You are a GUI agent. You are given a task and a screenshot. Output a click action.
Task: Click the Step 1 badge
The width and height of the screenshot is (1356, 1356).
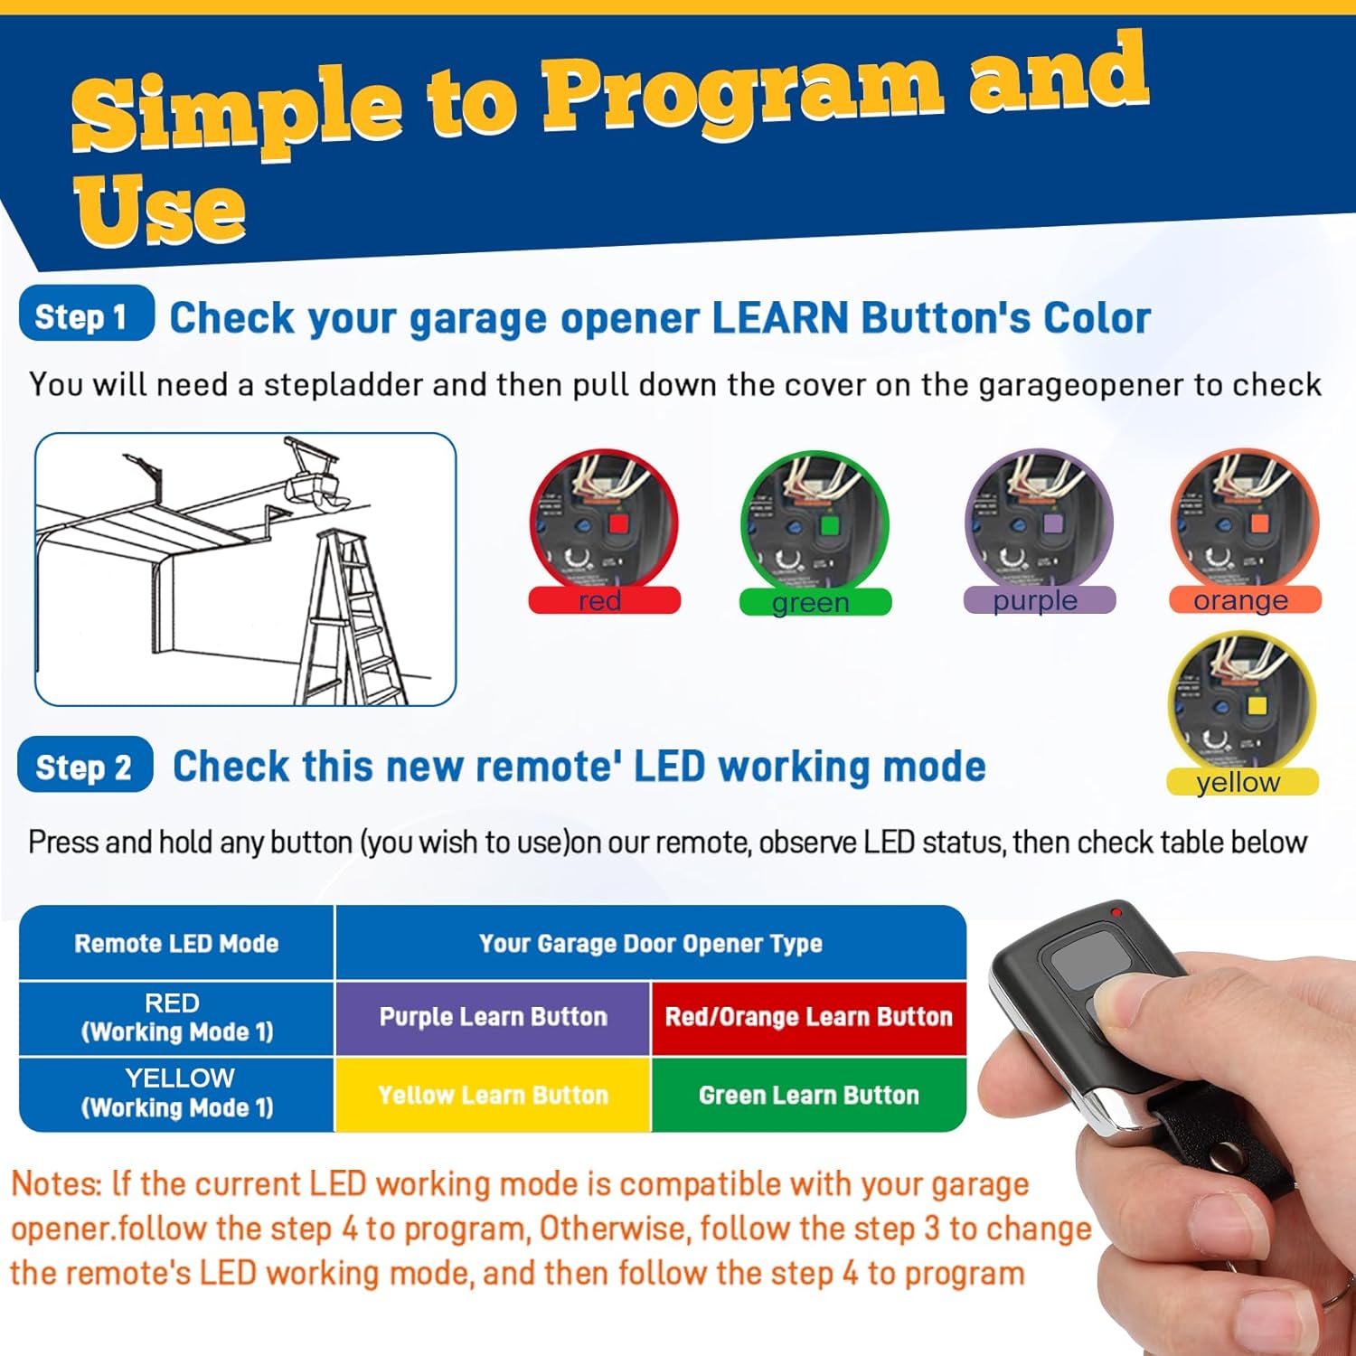(86, 314)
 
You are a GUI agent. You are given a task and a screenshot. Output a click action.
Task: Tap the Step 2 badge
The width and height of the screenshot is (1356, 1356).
(85, 766)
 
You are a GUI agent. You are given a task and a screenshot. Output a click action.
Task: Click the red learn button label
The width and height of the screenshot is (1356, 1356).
(604, 600)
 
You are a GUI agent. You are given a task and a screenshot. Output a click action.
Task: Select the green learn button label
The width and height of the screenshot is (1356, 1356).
(815, 602)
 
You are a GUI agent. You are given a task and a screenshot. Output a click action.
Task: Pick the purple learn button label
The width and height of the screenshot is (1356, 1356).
(1039, 600)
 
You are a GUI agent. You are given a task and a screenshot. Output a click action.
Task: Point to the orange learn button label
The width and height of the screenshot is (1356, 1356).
(1244, 600)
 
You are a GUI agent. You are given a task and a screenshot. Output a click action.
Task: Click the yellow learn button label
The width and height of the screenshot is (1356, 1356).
(1242, 782)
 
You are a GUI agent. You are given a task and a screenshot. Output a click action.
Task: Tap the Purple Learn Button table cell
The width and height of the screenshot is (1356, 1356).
(493, 1017)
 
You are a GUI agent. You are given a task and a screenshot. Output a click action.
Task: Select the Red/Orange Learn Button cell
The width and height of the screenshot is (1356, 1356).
(809, 1017)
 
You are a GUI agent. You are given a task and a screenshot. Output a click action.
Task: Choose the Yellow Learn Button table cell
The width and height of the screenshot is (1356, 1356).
(493, 1095)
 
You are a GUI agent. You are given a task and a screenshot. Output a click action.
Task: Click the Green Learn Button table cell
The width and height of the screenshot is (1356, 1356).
(809, 1095)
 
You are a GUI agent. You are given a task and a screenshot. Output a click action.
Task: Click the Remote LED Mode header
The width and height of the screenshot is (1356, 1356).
(176, 944)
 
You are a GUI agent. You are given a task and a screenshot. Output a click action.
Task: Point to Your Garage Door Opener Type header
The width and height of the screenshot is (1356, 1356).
(651, 944)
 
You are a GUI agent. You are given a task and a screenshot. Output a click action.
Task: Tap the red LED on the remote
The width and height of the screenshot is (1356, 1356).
(1117, 912)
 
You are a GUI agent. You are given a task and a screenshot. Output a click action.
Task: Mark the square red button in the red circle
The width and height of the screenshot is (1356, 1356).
(618, 523)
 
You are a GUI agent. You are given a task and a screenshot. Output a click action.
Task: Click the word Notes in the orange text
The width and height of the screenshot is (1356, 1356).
(54, 1183)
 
